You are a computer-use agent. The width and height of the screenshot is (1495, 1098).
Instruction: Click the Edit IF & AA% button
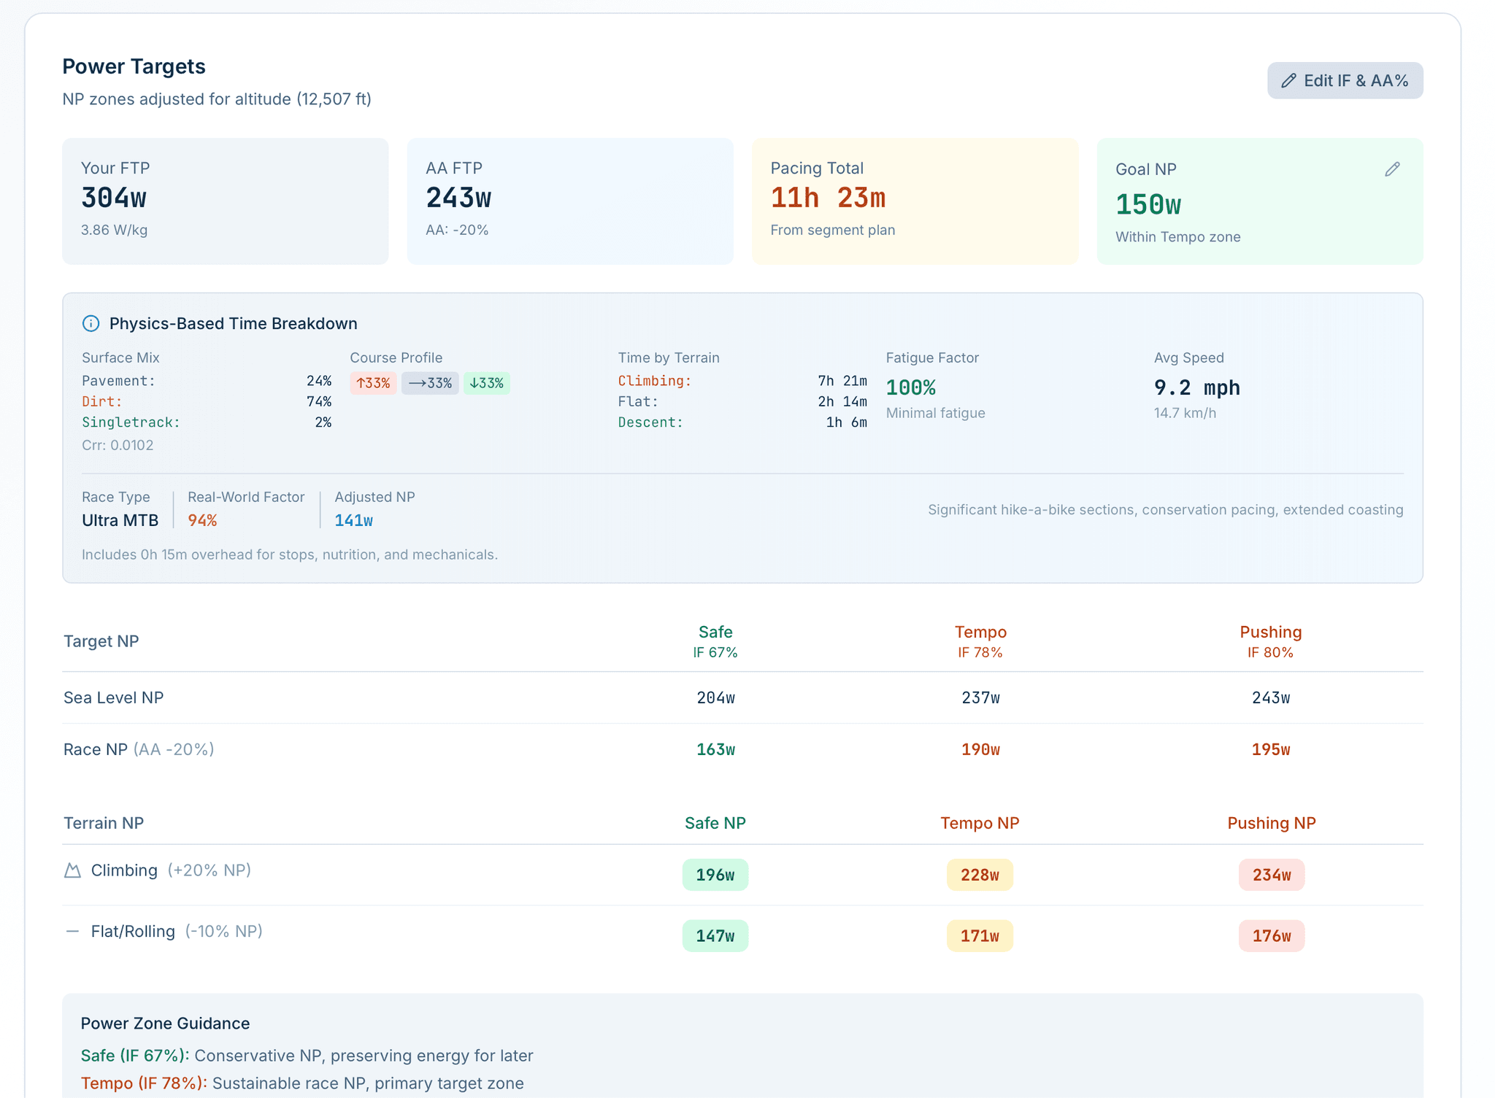1345,80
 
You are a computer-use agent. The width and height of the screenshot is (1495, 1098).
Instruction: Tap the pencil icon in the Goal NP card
1392,169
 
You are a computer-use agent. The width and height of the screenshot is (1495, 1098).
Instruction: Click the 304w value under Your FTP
114,198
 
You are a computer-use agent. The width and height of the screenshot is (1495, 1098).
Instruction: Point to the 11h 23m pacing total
828,198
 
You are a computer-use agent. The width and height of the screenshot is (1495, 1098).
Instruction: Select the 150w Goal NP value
1148,205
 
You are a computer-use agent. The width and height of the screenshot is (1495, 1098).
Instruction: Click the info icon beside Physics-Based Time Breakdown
91,323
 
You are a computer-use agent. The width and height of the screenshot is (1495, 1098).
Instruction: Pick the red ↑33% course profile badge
373,383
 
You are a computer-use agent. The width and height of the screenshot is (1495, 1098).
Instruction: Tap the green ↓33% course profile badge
487,383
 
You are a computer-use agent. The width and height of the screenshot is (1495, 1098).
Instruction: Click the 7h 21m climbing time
842,381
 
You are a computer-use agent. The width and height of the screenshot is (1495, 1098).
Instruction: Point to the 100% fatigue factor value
911,387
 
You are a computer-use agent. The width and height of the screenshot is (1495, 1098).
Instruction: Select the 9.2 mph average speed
1197,387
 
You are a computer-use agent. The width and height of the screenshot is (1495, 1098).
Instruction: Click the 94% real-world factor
202,520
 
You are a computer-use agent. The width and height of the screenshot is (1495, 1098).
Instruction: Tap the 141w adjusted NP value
354,520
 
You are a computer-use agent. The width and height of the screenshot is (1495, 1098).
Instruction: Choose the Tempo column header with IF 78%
980,641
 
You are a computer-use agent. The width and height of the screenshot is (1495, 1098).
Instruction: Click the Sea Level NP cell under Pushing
1271,697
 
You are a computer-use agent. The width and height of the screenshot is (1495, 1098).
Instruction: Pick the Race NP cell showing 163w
715,749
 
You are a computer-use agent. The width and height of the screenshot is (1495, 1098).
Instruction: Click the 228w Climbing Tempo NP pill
980,875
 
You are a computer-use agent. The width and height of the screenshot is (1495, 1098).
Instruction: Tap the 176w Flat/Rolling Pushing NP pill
1272,936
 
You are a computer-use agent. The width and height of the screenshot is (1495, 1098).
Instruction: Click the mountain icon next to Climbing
72,870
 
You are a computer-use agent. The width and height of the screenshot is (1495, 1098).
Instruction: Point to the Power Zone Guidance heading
165,1023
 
